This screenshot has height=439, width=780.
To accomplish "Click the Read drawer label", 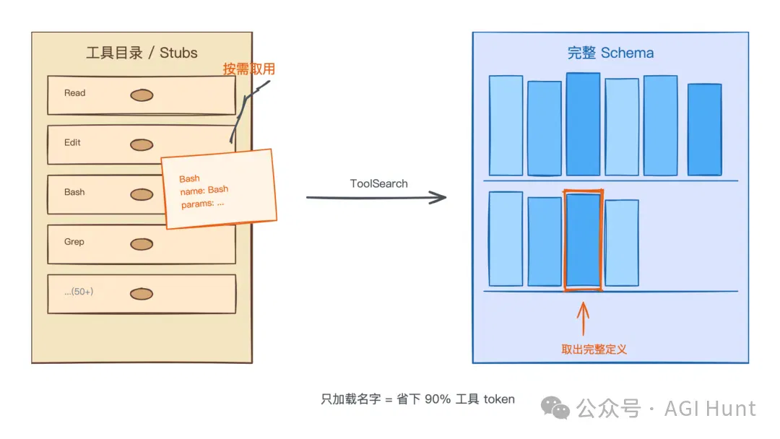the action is click(x=74, y=93).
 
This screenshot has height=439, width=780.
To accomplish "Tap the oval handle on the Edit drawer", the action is click(x=142, y=144).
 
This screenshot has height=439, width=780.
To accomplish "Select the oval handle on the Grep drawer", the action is click(x=142, y=244).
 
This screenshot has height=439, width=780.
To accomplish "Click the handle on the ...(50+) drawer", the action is click(x=142, y=294).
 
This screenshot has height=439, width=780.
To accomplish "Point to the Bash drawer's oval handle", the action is click(x=142, y=194).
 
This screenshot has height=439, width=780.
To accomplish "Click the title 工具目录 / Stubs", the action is click(x=142, y=53).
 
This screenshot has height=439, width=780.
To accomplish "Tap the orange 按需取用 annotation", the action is click(x=248, y=69).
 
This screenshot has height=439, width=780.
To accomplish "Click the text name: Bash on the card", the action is click(x=204, y=191).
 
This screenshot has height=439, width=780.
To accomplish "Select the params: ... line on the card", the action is click(x=202, y=204).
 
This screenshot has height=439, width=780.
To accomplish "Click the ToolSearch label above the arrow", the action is click(x=378, y=183).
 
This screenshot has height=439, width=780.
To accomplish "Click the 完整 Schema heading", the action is click(x=610, y=53).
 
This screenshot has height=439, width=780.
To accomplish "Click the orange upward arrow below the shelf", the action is click(x=583, y=318).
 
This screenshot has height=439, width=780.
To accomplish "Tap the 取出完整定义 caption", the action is click(x=594, y=349).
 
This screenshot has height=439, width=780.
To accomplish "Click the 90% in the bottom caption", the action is click(x=438, y=399).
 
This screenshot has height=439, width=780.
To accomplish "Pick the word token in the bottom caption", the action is click(x=499, y=399).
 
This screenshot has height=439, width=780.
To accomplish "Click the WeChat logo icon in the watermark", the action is click(x=555, y=408).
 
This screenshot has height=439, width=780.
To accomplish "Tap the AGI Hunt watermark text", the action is click(x=710, y=409).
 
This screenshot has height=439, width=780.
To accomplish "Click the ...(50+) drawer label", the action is click(x=79, y=292).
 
